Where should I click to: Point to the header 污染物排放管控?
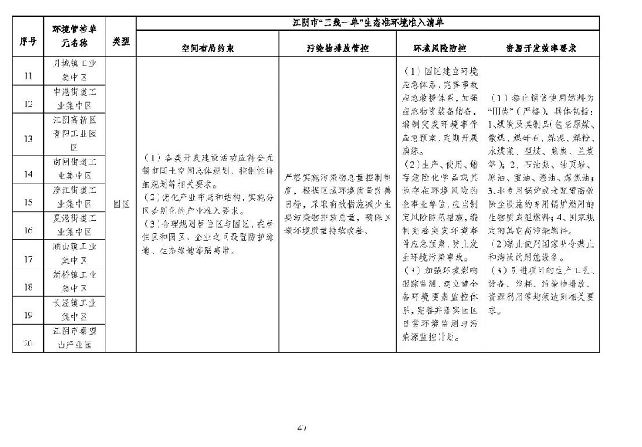pos(337,48)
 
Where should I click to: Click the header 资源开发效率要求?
pos(541,48)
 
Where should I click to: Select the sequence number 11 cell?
pos(27,76)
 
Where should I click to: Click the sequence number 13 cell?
pos(27,139)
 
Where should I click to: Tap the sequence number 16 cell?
pos(27,230)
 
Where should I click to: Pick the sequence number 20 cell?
pos(27,343)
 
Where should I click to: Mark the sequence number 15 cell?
pos(27,202)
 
